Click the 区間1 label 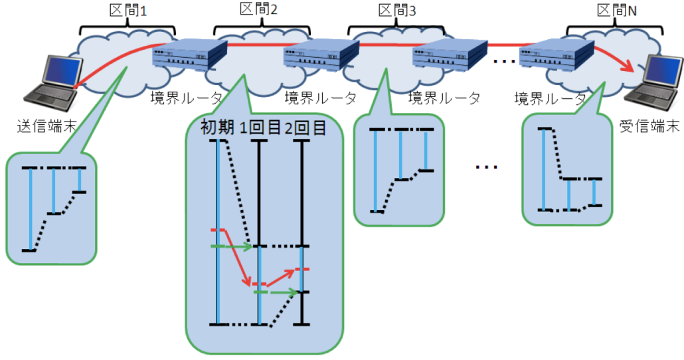(128, 11)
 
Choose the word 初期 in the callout (218, 128)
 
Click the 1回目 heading (260, 128)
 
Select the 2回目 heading (305, 128)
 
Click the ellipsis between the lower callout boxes (486, 166)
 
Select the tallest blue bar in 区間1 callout (30, 209)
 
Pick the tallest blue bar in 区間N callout (544, 169)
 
